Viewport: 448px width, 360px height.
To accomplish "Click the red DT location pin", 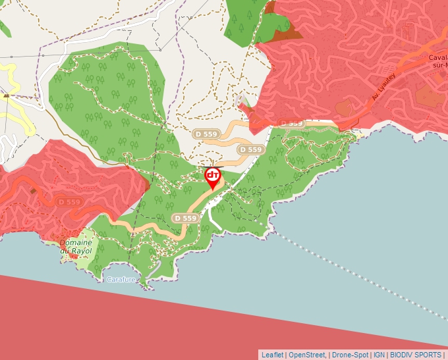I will pyautogui.click(x=213, y=176).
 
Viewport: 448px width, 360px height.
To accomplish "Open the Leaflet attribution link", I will pyautogui.click(x=272, y=355).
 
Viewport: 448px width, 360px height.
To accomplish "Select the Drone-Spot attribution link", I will pyautogui.click(x=350, y=355).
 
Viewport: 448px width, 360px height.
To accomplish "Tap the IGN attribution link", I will pyautogui.click(x=379, y=355).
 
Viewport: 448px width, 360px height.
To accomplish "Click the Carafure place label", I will pyautogui.click(x=121, y=280).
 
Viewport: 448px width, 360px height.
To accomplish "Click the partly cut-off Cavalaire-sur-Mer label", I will pyautogui.click(x=437, y=61).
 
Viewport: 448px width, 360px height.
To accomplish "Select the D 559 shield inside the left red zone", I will pyautogui.click(x=69, y=202).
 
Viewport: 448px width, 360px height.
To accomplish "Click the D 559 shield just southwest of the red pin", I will pyautogui.click(x=185, y=218).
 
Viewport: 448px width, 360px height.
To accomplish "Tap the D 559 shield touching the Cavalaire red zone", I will pyautogui.click(x=291, y=123).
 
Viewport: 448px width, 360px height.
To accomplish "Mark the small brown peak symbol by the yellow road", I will pyautogui.click(x=6, y=96).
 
